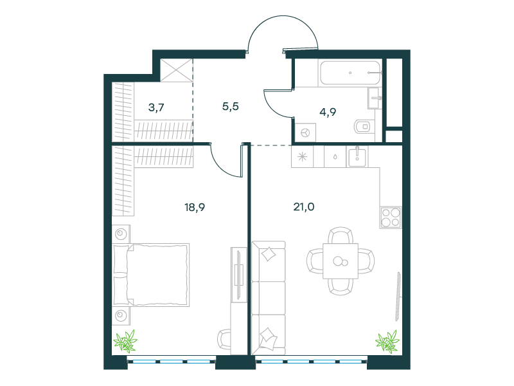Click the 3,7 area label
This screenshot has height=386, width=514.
click(156, 107)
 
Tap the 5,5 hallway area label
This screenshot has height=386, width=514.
click(231, 106)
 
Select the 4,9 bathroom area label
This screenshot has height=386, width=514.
click(328, 112)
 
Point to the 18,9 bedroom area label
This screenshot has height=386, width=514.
click(195, 207)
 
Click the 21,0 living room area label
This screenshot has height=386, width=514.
click(304, 207)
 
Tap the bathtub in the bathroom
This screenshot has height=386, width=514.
click(350, 73)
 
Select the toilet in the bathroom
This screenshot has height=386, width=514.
click(364, 126)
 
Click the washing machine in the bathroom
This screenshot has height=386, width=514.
click(306, 133)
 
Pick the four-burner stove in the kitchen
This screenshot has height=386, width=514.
click(391, 217)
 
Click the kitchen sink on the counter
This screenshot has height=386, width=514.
click(357, 157)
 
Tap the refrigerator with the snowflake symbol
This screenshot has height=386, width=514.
click(302, 156)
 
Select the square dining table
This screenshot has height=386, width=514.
click(341, 261)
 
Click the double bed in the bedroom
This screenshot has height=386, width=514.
click(151, 275)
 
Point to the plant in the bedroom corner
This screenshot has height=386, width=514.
click(125, 342)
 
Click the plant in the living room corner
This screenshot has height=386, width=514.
click(388, 342)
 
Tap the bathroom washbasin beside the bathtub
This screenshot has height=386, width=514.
click(374, 98)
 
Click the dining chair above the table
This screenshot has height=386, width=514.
click(341, 235)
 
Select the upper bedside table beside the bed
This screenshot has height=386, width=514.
click(121, 234)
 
